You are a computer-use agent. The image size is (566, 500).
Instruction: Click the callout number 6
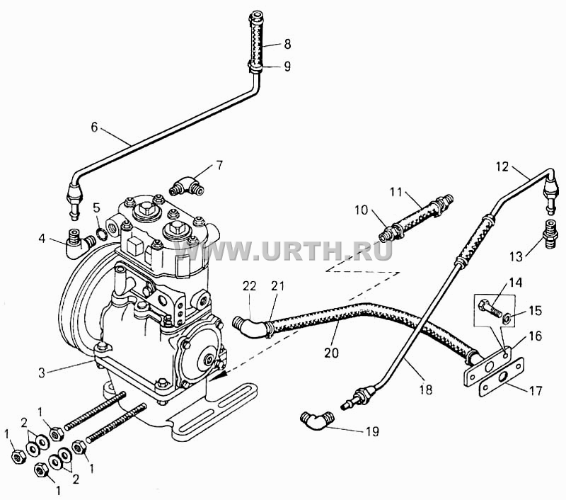click(x=94, y=127)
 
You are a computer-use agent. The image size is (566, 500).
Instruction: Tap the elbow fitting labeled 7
click(x=187, y=187)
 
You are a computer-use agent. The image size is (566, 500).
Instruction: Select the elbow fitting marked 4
click(x=79, y=244)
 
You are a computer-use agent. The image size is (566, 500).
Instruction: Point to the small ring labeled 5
click(x=102, y=234)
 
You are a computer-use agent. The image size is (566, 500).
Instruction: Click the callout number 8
click(x=287, y=44)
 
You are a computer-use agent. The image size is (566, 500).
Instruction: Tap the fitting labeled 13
click(x=550, y=234)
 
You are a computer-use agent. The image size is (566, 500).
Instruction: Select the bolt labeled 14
click(x=490, y=309)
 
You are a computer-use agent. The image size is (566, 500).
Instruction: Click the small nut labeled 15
click(x=506, y=318)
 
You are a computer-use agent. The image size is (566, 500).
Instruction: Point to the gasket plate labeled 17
click(x=502, y=377)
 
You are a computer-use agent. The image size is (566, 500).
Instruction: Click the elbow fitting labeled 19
click(x=316, y=421)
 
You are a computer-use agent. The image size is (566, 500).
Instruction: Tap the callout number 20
click(x=331, y=352)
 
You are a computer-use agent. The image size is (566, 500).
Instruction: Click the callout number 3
click(x=42, y=373)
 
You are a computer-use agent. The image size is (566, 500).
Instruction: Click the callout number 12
click(x=502, y=166)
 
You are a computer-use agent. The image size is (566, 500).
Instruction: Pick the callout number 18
click(x=426, y=390)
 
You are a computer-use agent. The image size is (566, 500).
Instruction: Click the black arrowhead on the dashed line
click(x=219, y=374)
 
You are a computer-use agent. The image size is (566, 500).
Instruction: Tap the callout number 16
click(x=536, y=336)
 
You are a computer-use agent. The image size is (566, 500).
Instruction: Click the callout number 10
click(x=361, y=210)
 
